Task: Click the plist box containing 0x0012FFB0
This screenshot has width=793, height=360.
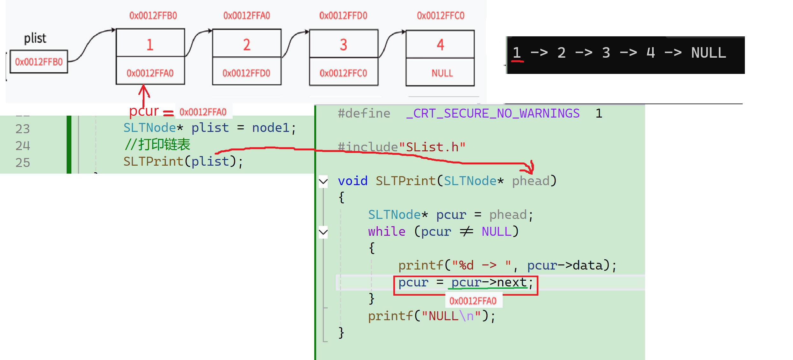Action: click(x=39, y=61)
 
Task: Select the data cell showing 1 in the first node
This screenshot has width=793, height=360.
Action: click(x=150, y=44)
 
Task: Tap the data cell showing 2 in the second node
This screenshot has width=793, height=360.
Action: click(x=247, y=44)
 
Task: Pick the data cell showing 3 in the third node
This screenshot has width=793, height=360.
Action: click(x=343, y=45)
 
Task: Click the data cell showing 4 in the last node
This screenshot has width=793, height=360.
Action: click(x=440, y=45)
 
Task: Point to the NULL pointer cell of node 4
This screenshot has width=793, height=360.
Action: click(x=442, y=73)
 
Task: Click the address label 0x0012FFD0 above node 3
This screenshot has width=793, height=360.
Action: click(x=343, y=16)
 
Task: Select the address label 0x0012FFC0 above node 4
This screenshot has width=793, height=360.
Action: click(x=440, y=16)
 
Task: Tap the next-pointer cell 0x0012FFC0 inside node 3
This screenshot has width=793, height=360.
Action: click(x=343, y=73)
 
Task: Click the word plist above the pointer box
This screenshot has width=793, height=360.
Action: click(x=35, y=38)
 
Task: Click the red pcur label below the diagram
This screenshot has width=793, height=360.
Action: click(x=144, y=111)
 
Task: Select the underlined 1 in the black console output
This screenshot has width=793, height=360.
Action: click(x=517, y=53)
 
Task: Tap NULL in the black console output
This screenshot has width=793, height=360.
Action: click(x=708, y=53)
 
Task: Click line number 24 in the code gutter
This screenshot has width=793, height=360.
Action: click(x=23, y=146)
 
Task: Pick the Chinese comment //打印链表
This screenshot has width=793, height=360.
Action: click(x=157, y=145)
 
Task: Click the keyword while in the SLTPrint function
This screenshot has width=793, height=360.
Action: click(x=387, y=232)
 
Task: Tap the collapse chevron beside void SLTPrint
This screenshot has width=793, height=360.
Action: click(x=323, y=181)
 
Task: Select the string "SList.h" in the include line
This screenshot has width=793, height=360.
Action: click(x=432, y=147)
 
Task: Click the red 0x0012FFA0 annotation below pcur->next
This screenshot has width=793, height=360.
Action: click(x=473, y=301)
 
